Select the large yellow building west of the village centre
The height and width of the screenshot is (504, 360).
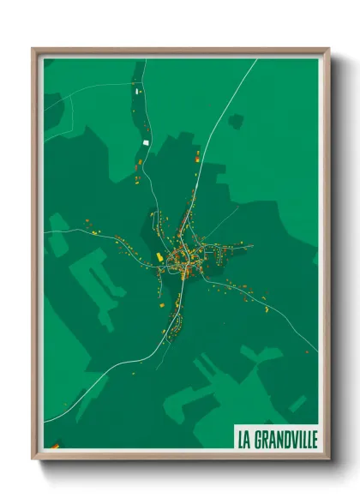(x=159, y=256)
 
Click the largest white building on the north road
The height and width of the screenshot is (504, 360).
(x=146, y=141)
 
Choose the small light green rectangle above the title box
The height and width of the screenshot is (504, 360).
(x=297, y=403)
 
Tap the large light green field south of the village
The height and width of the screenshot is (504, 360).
(x=214, y=377)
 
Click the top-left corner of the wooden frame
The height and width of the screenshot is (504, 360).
(x=34, y=50)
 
